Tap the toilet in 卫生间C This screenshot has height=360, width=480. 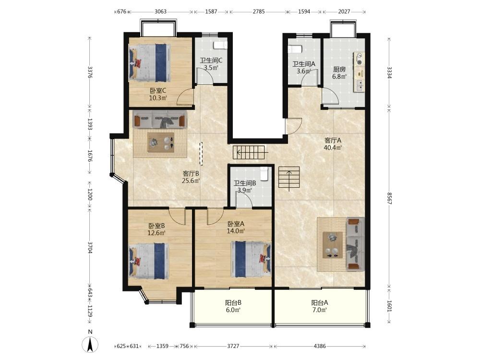220,45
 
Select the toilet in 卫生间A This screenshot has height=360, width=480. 295,49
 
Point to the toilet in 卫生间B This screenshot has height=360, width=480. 264,174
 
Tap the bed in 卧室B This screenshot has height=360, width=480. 149,261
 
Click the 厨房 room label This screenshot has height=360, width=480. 339,70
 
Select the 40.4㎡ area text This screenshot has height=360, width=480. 333,148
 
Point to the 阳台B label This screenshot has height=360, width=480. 233,303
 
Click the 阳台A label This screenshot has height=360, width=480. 320,303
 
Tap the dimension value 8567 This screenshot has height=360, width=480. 389,198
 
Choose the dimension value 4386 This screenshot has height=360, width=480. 320,346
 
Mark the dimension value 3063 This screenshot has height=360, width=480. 160,12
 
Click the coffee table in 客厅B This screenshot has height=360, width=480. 161,142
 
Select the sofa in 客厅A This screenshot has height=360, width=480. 355,244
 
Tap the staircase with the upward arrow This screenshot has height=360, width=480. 289,177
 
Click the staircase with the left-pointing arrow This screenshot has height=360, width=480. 249,152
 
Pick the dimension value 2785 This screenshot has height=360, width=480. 259,12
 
